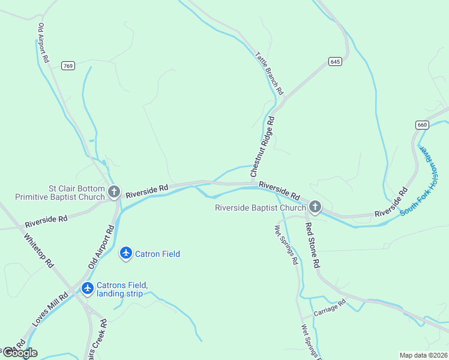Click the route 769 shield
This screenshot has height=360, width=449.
(x=68, y=66)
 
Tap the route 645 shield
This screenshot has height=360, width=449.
(x=335, y=61)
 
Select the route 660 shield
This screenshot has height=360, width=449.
(x=422, y=125)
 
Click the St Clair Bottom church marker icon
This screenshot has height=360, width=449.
(x=114, y=193)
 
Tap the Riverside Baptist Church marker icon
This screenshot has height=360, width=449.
(x=315, y=208)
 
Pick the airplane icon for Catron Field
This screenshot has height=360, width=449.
(x=126, y=254)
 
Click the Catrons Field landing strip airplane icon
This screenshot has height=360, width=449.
(x=88, y=289)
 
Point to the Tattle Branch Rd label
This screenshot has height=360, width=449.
(x=268, y=73)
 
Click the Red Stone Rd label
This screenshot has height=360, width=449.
(x=313, y=245)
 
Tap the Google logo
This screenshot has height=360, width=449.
(x=19, y=353)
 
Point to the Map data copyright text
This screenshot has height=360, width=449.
(x=423, y=355)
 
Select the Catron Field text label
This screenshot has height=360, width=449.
(x=157, y=254)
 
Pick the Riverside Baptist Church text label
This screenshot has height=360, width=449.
(x=261, y=208)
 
